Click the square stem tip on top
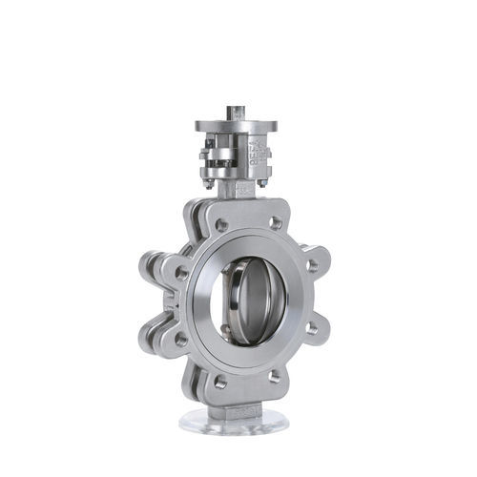point(236,113)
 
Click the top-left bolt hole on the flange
point(221,226)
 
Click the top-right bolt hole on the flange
point(276,223)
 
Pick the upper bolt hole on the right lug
point(313,266)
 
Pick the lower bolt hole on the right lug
point(311,328)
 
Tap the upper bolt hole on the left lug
point(181,273)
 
